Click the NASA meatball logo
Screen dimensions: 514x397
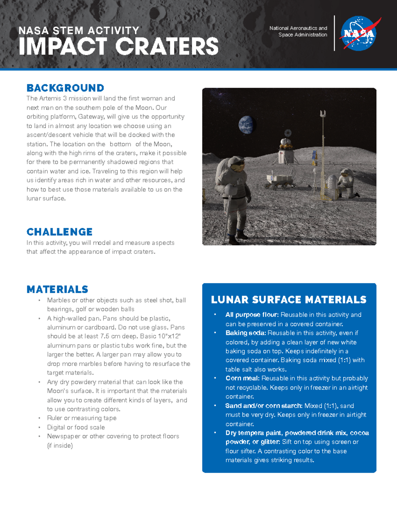(x=359, y=33)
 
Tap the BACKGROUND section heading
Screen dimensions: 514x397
(x=65, y=88)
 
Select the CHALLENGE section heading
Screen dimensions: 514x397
(x=60, y=232)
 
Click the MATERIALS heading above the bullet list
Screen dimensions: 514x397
(x=57, y=289)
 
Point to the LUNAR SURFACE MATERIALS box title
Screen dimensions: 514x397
(x=288, y=300)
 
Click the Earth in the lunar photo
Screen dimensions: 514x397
(x=246, y=125)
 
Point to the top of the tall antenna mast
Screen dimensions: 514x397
(x=323, y=114)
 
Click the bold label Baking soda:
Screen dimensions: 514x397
(x=245, y=333)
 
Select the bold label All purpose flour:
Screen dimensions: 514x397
(x=252, y=315)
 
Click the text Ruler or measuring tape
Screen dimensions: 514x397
(x=82, y=418)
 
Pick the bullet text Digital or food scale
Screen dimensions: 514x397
(x=76, y=427)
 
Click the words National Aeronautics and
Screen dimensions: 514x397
(x=298, y=28)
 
